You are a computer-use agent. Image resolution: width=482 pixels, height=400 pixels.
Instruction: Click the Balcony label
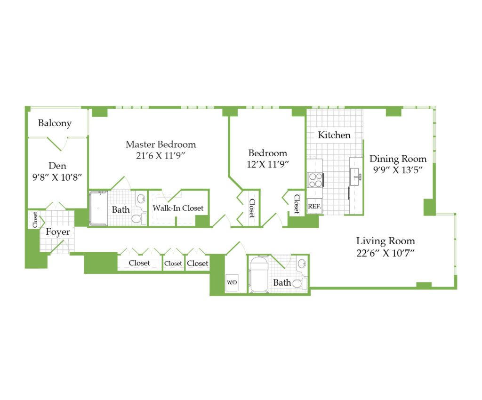tap(55, 123)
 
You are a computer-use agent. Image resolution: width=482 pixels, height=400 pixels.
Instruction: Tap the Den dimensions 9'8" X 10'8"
tap(57, 177)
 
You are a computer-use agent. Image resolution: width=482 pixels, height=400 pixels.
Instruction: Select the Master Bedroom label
tap(161, 144)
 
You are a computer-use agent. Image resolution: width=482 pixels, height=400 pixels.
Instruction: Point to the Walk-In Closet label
tap(178, 208)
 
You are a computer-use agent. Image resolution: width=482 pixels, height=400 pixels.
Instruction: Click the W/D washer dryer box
tap(232, 283)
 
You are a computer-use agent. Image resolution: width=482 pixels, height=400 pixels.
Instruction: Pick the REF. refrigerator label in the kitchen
tap(314, 207)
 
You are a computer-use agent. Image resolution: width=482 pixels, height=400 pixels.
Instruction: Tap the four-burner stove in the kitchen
tap(315, 180)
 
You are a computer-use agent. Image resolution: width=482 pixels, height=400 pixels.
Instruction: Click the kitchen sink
tap(356, 176)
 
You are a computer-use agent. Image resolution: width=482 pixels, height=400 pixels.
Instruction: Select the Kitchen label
tap(334, 135)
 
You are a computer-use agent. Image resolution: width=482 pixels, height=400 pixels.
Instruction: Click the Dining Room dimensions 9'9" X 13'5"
tap(398, 170)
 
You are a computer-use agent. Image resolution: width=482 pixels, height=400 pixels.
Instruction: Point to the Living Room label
tap(386, 241)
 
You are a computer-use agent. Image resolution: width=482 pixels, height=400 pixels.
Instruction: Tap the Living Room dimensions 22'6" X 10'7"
tap(386, 253)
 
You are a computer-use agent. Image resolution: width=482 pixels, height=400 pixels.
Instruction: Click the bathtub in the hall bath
tap(259, 274)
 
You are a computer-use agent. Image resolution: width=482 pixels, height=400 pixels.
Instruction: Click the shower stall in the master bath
tap(98, 208)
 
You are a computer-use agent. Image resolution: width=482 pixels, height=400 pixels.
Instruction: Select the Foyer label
tap(58, 232)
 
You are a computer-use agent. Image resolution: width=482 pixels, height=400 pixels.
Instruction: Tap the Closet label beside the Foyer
tap(35, 220)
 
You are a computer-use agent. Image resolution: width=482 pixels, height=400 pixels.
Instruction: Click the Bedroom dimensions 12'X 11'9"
tap(268, 164)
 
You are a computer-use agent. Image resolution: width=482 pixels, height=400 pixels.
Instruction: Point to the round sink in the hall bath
tap(302, 263)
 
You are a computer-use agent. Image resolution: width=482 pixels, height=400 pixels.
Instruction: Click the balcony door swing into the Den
tap(58, 144)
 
